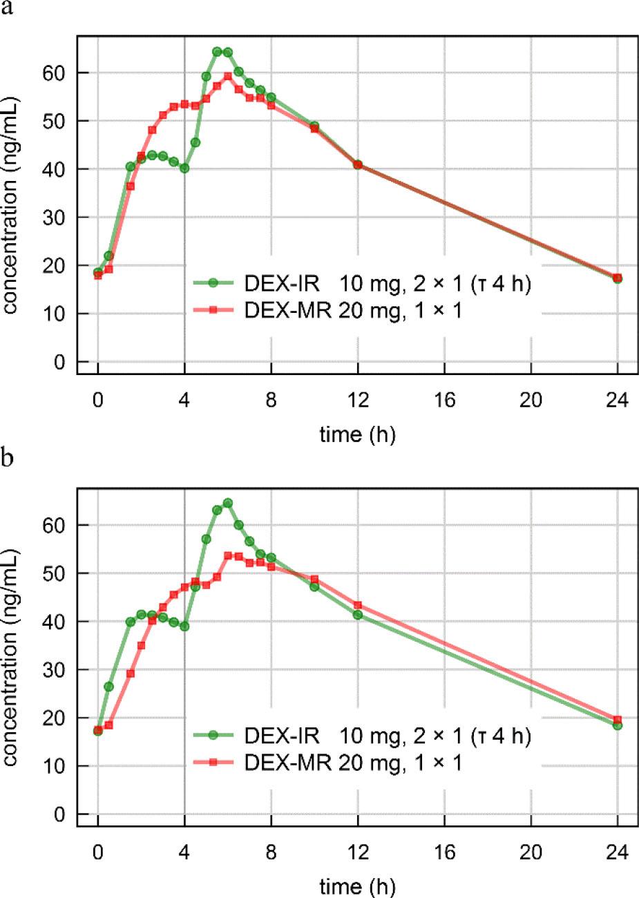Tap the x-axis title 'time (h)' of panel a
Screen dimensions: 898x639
pos(357,434)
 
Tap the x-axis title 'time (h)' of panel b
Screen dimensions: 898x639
pos(357,886)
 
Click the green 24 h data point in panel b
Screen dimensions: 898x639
pos(618,725)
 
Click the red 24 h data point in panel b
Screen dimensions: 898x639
pos(618,720)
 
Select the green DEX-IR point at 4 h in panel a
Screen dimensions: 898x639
pos(184,168)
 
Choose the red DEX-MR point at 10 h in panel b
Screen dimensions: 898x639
pos(314,579)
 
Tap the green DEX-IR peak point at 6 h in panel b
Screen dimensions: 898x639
pos(228,503)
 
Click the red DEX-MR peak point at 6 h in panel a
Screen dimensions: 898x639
pos(228,76)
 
